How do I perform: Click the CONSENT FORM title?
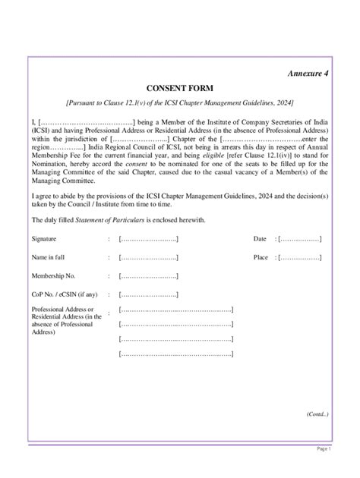click(x=179, y=88)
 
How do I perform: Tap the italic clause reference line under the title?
click(x=179, y=102)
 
